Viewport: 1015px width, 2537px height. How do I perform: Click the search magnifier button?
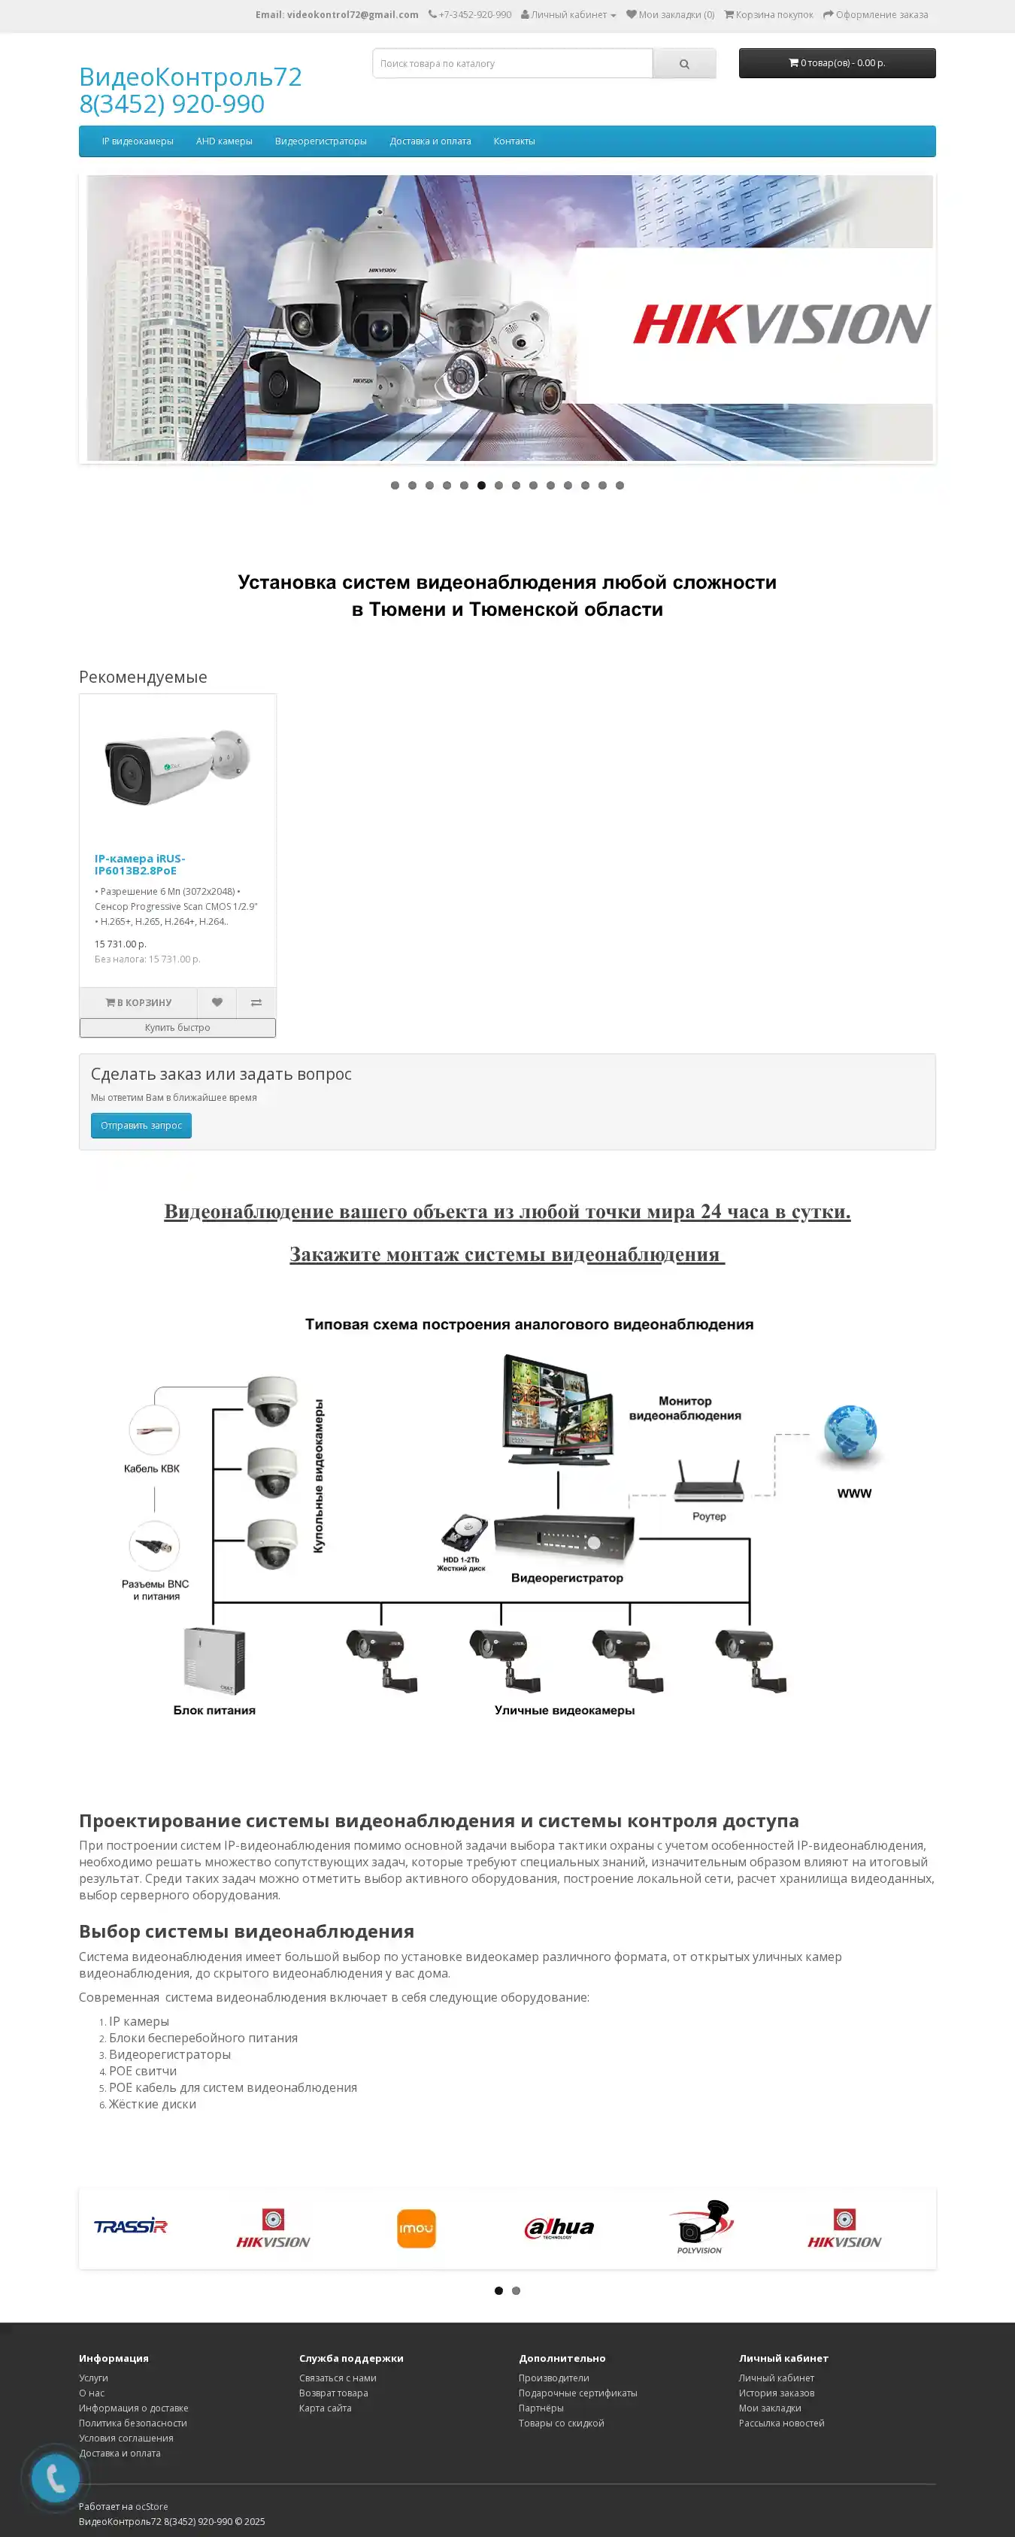pos(684,64)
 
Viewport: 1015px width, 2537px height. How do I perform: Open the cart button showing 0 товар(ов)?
pos(837,63)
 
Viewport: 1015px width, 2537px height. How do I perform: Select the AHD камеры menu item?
pos(223,141)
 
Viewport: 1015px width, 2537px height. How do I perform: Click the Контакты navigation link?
pos(514,141)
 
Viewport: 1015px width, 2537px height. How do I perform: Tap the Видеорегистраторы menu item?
pos(320,141)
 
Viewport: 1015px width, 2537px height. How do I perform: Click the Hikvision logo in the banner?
pos(780,324)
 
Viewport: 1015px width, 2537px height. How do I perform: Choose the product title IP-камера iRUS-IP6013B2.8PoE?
pos(140,864)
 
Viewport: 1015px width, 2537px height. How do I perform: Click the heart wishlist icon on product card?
pos(217,1002)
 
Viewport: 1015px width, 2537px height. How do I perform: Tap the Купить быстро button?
pos(177,1027)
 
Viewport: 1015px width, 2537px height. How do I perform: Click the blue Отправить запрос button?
pos(141,1125)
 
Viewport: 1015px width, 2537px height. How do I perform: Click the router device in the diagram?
pos(707,1481)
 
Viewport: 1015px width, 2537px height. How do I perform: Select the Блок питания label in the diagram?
pos(214,1710)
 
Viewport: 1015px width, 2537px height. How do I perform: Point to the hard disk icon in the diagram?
pos(464,1532)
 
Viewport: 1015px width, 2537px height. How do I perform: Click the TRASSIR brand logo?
pos(131,2226)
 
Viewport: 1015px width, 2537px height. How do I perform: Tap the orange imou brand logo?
pos(417,2228)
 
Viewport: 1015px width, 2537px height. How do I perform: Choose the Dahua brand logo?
pos(559,2228)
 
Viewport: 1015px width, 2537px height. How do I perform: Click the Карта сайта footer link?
pos(325,2407)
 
